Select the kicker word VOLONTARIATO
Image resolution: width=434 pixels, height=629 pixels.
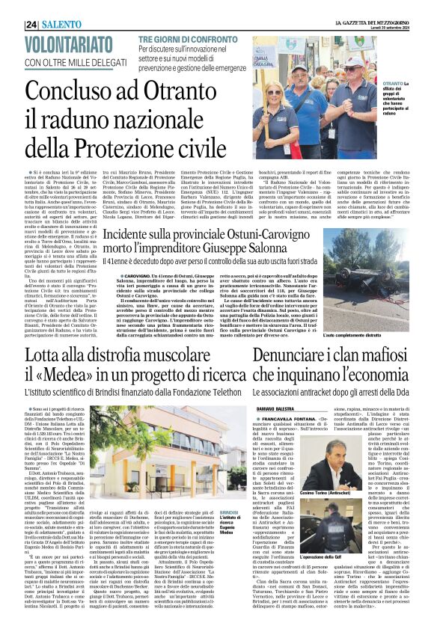[66, 45]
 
